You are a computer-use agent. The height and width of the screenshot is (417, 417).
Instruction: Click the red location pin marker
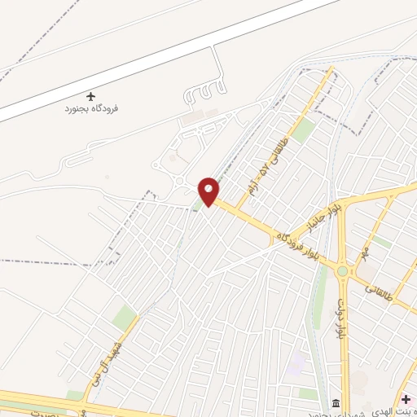(x=209, y=191)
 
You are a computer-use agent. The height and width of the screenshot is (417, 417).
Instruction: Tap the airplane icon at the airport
(x=90, y=96)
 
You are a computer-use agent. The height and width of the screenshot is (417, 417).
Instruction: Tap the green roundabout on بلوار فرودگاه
(x=343, y=271)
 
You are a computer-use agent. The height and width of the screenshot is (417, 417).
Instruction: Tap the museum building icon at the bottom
(x=336, y=404)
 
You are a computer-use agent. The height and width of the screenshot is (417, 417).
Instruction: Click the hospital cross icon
(x=406, y=399)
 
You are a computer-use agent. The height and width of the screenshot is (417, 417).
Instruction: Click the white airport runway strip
(x=163, y=57)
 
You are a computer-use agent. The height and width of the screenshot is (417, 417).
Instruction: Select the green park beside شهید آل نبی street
(x=123, y=317)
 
